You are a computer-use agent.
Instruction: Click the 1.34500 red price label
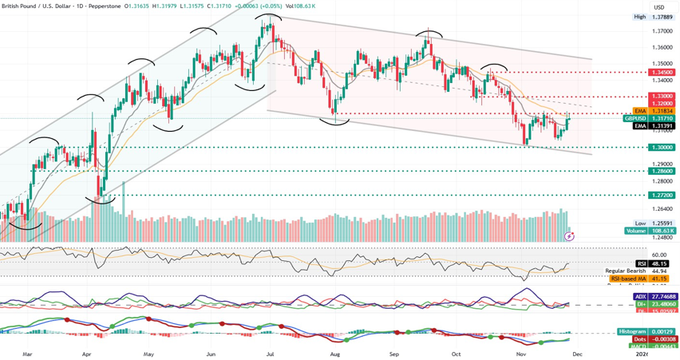pyautogui.click(x=662, y=73)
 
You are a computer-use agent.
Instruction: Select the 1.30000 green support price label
pyautogui.click(x=662, y=148)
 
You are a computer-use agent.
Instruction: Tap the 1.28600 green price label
pyautogui.click(x=662, y=172)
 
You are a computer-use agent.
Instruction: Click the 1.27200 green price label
pyautogui.click(x=662, y=196)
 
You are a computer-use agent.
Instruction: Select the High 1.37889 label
pyautogui.click(x=653, y=17)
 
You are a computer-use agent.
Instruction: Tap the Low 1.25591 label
pyautogui.click(x=653, y=224)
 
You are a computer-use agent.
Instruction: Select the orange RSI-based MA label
pyautogui.click(x=638, y=279)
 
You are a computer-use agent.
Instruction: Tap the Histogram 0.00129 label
pyautogui.click(x=647, y=331)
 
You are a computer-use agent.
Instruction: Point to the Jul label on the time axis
pyautogui.click(x=271, y=353)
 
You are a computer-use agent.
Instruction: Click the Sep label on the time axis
pyautogui.click(x=394, y=353)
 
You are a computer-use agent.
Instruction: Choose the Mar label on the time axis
pyautogui.click(x=27, y=353)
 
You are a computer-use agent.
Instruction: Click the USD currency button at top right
pyautogui.click(x=659, y=7)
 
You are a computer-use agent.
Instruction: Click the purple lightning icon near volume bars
pyautogui.click(x=569, y=236)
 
